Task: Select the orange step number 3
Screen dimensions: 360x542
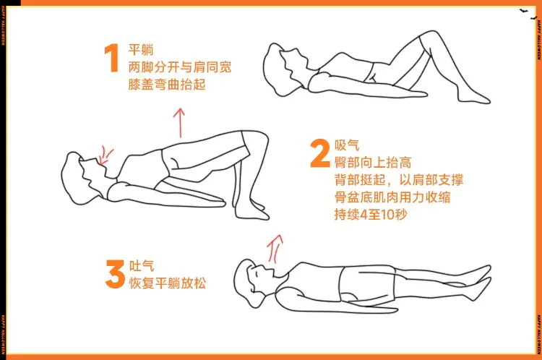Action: [x=114, y=275]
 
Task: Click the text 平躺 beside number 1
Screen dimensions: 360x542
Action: [x=139, y=48]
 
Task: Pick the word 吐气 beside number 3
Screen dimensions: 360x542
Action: [x=141, y=265]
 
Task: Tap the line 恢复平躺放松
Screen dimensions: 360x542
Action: [x=167, y=283]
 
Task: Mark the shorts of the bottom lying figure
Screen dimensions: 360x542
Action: [x=365, y=284]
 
